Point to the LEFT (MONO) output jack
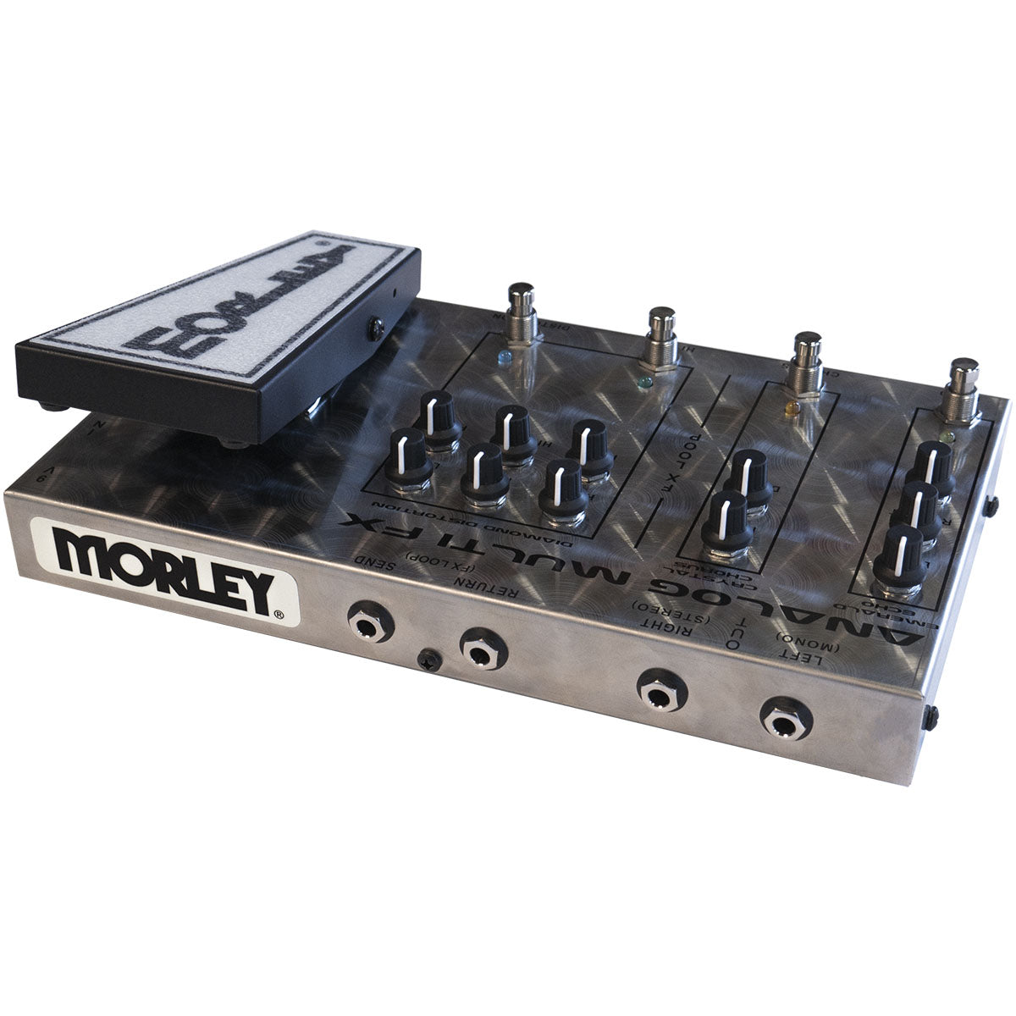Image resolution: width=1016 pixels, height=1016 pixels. click(785, 719)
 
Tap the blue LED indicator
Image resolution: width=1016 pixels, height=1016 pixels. click(506, 356)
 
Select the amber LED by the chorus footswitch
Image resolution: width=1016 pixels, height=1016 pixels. click(792, 408)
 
